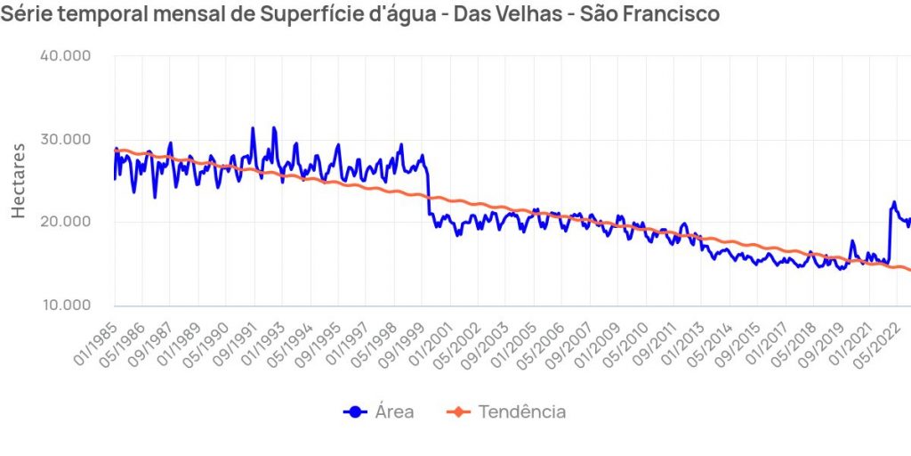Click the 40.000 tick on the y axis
click(x=66, y=56)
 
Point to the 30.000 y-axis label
click(x=66, y=139)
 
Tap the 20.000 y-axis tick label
click(x=66, y=222)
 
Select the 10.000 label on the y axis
click(x=66, y=305)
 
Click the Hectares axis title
click(x=19, y=181)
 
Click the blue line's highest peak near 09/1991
click(x=253, y=128)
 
